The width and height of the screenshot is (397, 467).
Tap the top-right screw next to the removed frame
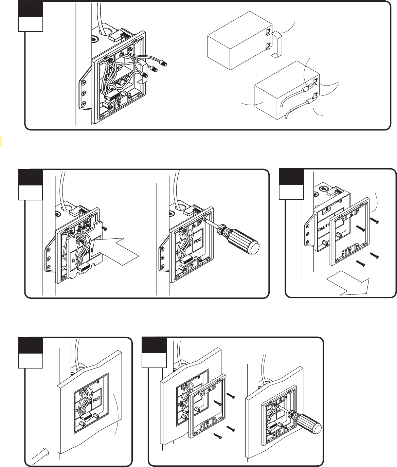coord(374,221)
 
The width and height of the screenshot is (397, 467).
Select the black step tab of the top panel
coord(31,8)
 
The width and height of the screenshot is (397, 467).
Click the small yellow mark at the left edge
coord(1,141)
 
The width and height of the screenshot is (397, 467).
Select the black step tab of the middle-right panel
coord(291,177)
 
